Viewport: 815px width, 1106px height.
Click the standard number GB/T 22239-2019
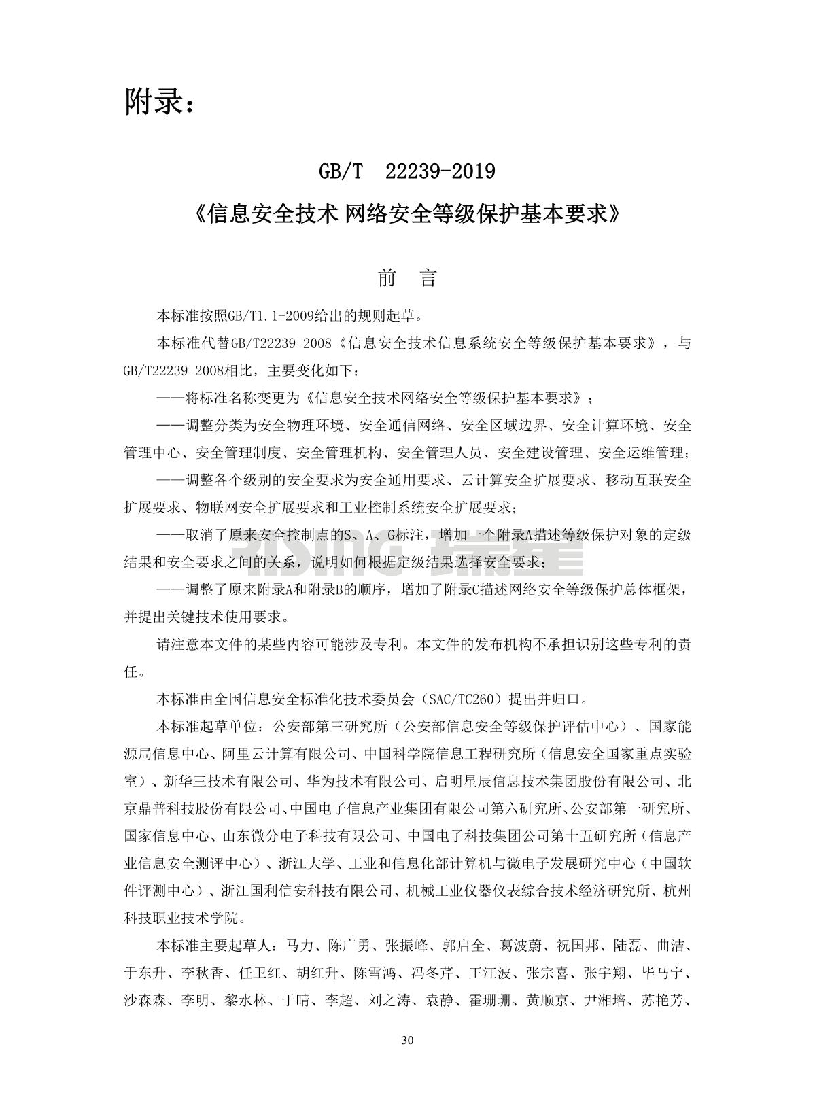407,172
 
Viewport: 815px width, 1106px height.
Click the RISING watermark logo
408,547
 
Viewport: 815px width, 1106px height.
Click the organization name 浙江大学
307,863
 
